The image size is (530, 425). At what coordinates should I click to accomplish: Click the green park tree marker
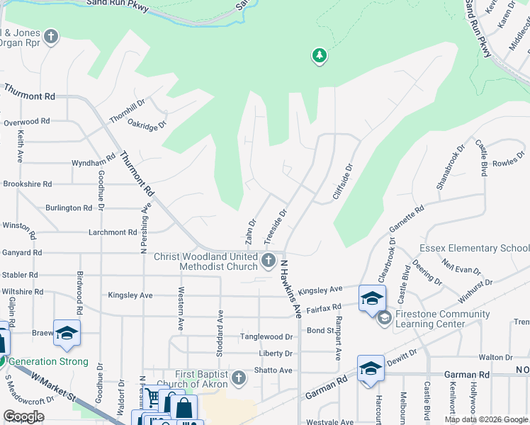[320, 55]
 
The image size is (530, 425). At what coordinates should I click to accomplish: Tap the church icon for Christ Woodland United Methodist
[269, 261]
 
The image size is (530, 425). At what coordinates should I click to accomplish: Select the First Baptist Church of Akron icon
[239, 377]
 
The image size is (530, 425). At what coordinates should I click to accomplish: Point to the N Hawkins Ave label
[291, 289]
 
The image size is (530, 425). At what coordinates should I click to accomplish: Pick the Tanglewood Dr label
[266, 337]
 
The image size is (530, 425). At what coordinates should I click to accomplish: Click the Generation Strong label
[48, 362]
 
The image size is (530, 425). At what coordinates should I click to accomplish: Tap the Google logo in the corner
[23, 416]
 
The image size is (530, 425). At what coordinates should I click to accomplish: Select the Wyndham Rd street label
[94, 163]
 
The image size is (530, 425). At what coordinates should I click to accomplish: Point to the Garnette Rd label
[406, 220]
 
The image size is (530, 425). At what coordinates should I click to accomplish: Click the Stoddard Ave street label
[220, 332]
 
